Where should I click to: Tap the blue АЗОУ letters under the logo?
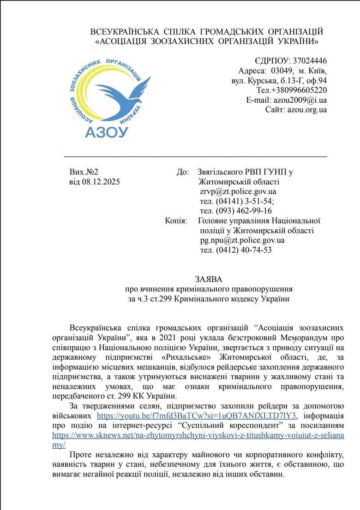click(106, 132)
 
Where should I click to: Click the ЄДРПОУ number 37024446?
click(309, 61)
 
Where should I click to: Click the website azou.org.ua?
click(307, 110)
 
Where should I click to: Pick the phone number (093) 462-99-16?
click(243, 211)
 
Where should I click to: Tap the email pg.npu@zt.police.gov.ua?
click(242, 240)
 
